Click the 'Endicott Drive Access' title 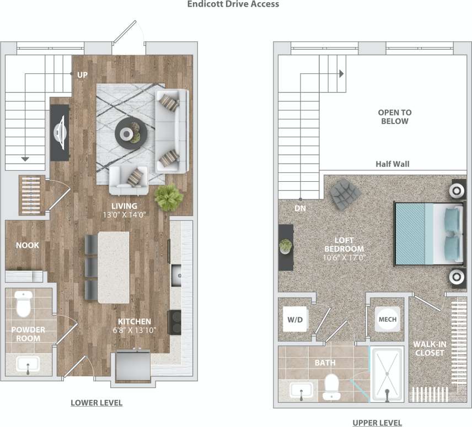point(233,4)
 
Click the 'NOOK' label point(27,245)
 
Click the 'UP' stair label point(82,74)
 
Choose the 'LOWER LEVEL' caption point(96,403)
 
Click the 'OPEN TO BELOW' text point(394,117)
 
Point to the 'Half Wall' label point(392,164)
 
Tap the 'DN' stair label point(300,209)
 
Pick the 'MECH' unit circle point(387,319)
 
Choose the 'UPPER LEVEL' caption point(377,423)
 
